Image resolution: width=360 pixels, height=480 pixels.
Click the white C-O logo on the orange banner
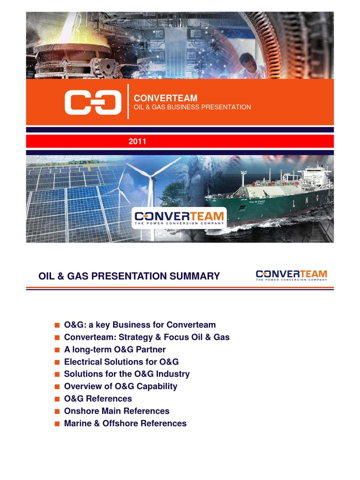(90, 102)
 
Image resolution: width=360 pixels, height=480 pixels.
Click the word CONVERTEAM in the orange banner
(165, 98)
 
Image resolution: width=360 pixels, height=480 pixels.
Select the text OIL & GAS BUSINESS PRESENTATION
(192, 107)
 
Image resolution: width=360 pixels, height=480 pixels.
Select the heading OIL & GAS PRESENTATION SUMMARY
(129, 276)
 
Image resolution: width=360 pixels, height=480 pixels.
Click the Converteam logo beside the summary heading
(292, 275)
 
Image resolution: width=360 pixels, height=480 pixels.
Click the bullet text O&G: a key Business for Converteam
(140, 325)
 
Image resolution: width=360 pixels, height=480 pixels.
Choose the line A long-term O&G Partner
(115, 350)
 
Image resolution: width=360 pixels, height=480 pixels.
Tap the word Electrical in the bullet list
(82, 362)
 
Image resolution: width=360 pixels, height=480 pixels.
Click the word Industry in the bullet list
(173, 374)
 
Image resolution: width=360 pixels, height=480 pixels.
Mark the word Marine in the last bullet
(77, 423)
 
